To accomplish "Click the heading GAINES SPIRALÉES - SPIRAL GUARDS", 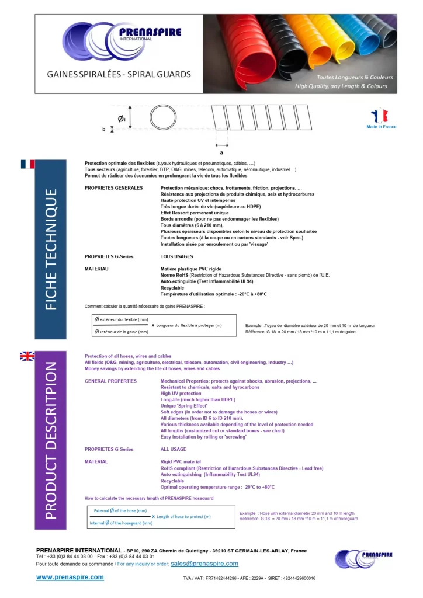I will [119, 75].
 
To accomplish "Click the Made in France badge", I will [381, 119].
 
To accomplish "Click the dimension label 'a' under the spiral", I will [221, 151].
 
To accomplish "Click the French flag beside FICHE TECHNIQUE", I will [27, 164].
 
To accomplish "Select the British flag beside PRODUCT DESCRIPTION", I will [27, 356].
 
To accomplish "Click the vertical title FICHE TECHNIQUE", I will [51, 249].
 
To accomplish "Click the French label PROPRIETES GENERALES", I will [113, 188].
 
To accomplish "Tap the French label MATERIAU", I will [97, 269].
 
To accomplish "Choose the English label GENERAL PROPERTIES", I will [110, 381].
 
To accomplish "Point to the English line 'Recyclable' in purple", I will [172, 481].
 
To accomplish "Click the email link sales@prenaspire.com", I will [204, 564].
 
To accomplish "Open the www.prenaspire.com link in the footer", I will [70, 577].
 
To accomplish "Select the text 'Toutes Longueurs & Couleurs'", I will [355, 77].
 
